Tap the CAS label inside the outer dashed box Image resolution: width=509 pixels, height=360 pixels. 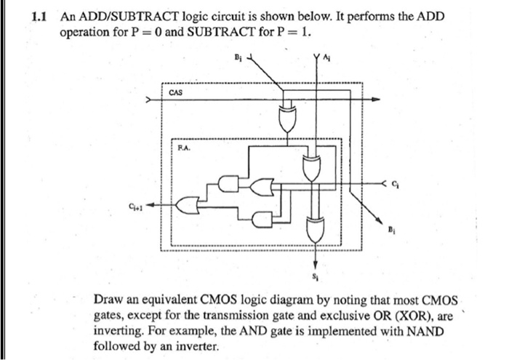tap(175, 93)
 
